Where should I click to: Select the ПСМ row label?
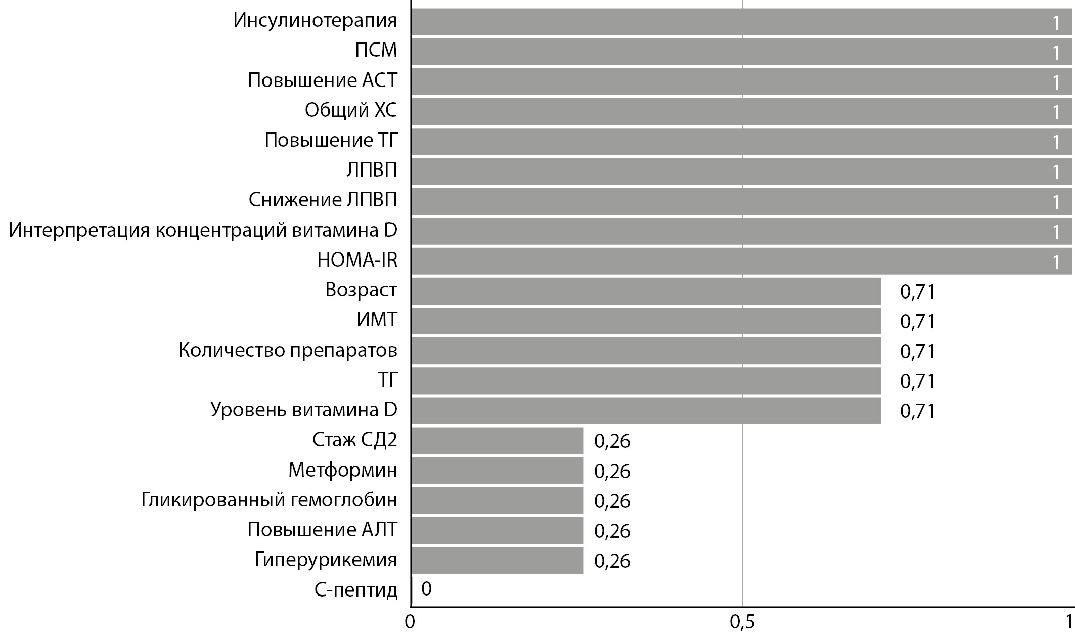point(376,51)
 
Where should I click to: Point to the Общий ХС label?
point(350,110)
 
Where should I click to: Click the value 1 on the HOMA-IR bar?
point(1056,262)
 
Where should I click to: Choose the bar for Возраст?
point(646,291)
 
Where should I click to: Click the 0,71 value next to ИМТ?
point(918,321)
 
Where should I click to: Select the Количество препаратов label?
point(288,350)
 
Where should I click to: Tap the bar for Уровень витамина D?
point(646,410)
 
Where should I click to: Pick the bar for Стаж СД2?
point(497,440)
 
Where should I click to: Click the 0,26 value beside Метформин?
point(612,471)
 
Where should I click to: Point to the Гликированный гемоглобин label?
point(269,500)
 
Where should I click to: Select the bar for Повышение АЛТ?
point(497,530)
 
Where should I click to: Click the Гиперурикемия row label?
point(326,560)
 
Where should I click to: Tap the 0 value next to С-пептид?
point(426,589)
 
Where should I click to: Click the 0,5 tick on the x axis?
point(742,622)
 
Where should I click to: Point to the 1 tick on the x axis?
point(1069,622)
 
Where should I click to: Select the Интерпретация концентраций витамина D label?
point(203,231)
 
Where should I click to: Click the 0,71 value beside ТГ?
point(918,381)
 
